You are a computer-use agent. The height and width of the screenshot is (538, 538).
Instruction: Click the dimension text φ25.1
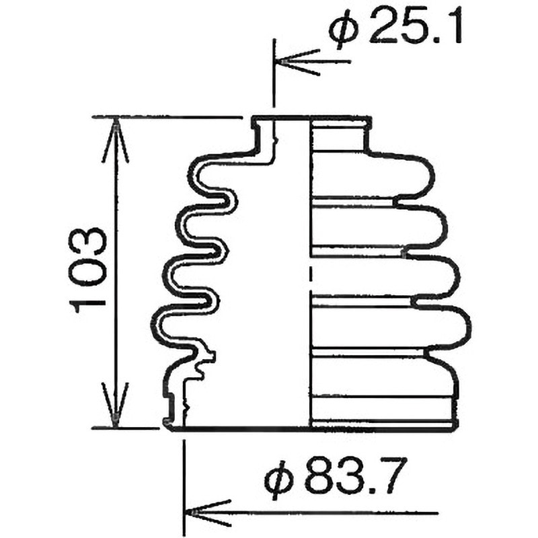pos(395,26)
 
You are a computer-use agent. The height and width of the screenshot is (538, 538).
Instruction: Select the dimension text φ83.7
pos(336,475)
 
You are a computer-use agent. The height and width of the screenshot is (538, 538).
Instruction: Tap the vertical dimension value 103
pos(87,270)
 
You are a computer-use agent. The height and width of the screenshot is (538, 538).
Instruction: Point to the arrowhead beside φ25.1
pos(297,62)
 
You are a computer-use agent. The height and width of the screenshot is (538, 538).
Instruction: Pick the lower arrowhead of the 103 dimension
pos(115,405)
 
